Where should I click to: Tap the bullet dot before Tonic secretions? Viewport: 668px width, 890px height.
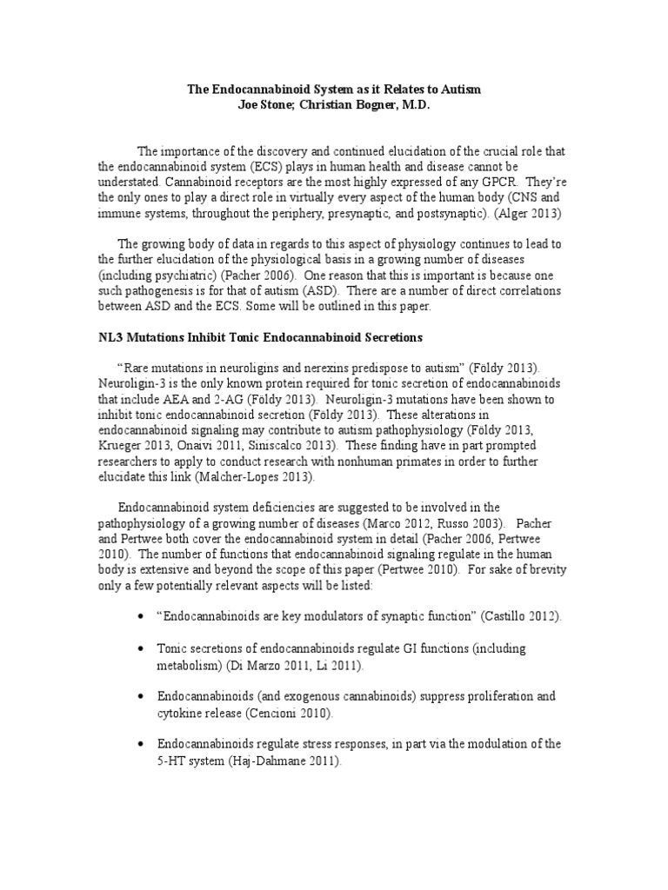pyautogui.click(x=141, y=649)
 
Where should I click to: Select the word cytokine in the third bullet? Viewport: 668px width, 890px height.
pyautogui.click(x=183, y=713)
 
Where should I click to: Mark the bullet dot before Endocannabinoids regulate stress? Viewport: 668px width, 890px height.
pyautogui.click(x=141, y=745)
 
